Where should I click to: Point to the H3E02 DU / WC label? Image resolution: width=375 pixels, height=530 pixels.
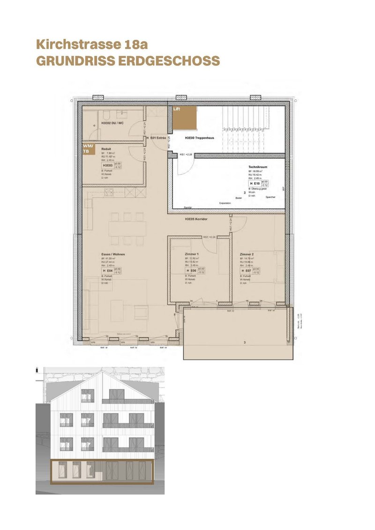coord(112,123)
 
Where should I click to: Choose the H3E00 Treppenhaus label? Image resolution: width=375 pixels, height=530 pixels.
coord(202,138)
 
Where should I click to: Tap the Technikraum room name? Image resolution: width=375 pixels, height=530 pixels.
coord(258,167)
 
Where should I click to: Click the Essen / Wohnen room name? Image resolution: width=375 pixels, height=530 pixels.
coord(113,254)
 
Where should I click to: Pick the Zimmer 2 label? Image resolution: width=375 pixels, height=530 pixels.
coord(247,254)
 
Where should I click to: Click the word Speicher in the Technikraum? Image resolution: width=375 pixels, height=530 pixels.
coord(270,197)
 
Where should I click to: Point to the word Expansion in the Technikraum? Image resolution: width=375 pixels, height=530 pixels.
coord(226,203)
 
